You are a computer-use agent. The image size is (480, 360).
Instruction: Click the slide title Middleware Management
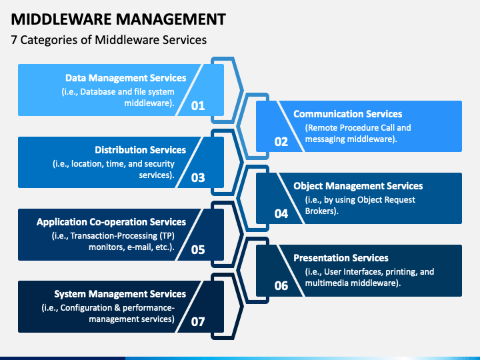119,19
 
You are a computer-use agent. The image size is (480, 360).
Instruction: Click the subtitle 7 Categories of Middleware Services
109,40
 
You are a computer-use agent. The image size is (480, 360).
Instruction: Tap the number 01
198,105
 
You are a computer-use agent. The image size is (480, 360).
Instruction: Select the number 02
281,141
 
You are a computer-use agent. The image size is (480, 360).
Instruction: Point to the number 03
198,177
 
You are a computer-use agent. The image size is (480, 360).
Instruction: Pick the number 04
281,213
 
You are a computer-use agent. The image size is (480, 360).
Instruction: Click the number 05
198,249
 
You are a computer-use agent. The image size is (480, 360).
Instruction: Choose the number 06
281,285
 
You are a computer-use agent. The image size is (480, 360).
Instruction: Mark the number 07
198,321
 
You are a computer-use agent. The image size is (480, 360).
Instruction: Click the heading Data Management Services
125,78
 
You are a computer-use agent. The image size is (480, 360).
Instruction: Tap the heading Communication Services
348,114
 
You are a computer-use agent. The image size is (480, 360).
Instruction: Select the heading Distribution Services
140,150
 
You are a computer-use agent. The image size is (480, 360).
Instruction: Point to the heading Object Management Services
358,186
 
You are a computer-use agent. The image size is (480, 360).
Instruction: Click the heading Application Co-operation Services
111,222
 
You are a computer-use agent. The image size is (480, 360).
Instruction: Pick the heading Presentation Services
341,258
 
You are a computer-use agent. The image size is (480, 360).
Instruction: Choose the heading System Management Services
120,294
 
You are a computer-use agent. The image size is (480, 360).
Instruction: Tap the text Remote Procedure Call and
358,127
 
